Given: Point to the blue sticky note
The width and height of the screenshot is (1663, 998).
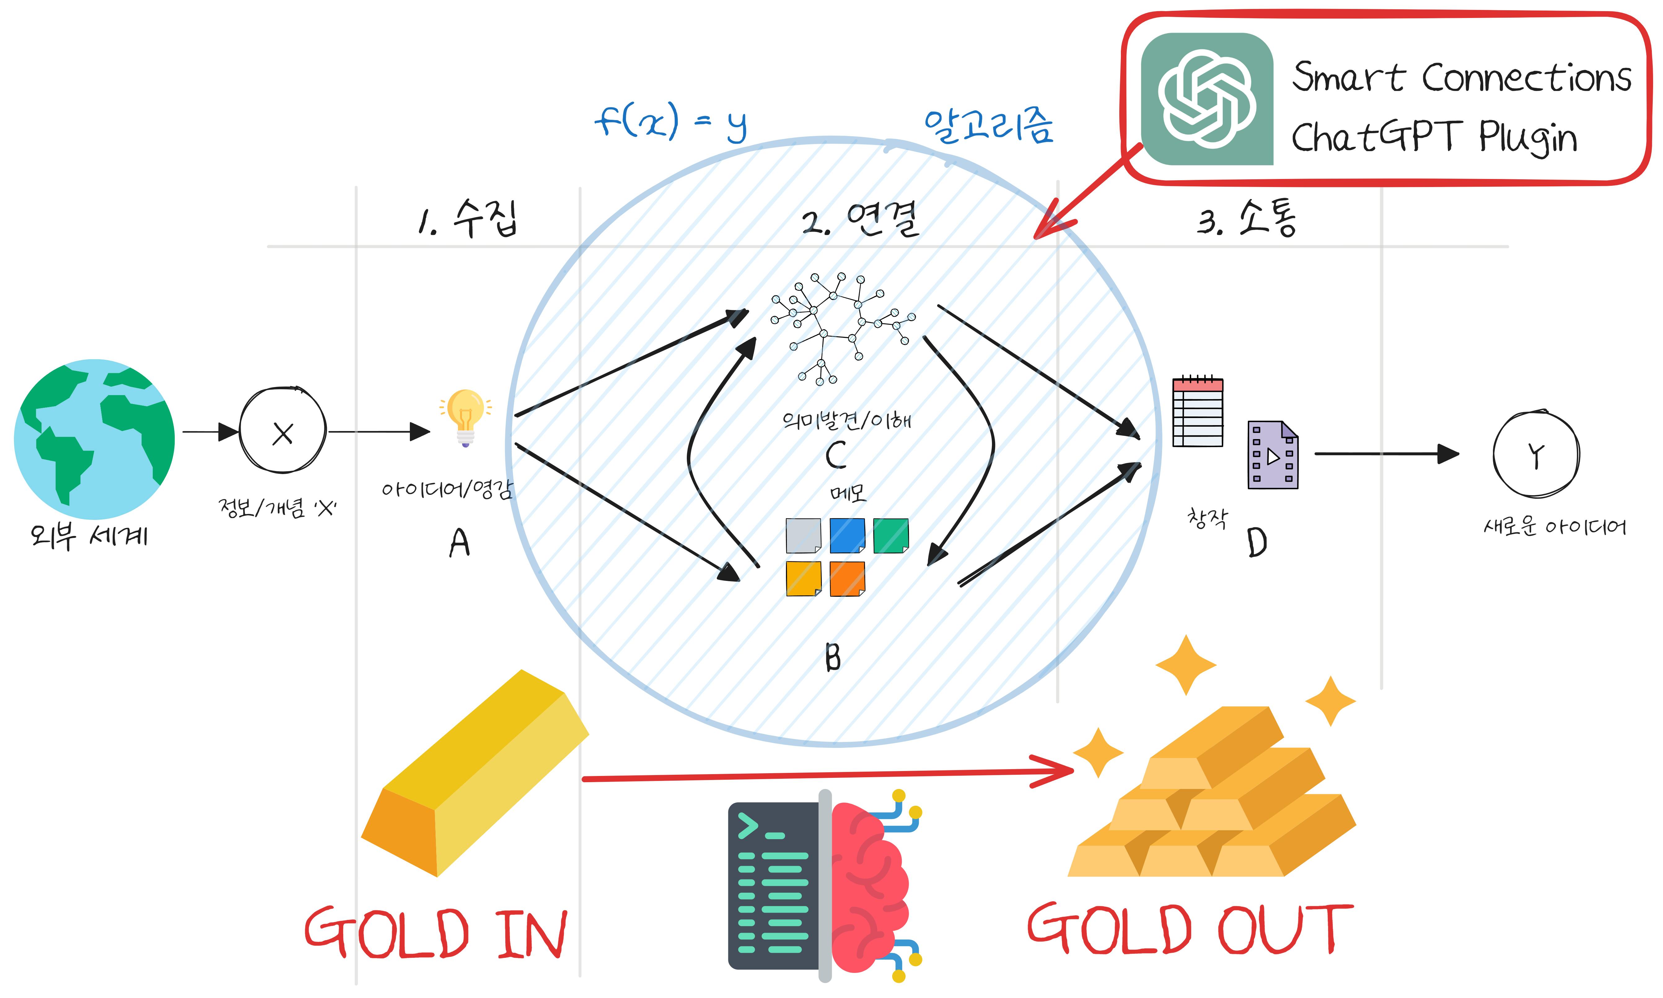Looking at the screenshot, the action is coord(847,535).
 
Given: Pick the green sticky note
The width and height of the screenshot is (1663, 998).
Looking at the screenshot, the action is coord(891,535).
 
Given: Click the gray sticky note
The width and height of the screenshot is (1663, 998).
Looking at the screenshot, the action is coord(803,535).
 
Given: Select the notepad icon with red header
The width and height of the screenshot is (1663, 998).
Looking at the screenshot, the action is coord(1197,411).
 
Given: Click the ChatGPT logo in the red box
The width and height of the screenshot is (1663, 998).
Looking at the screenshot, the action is coord(1207,99).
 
